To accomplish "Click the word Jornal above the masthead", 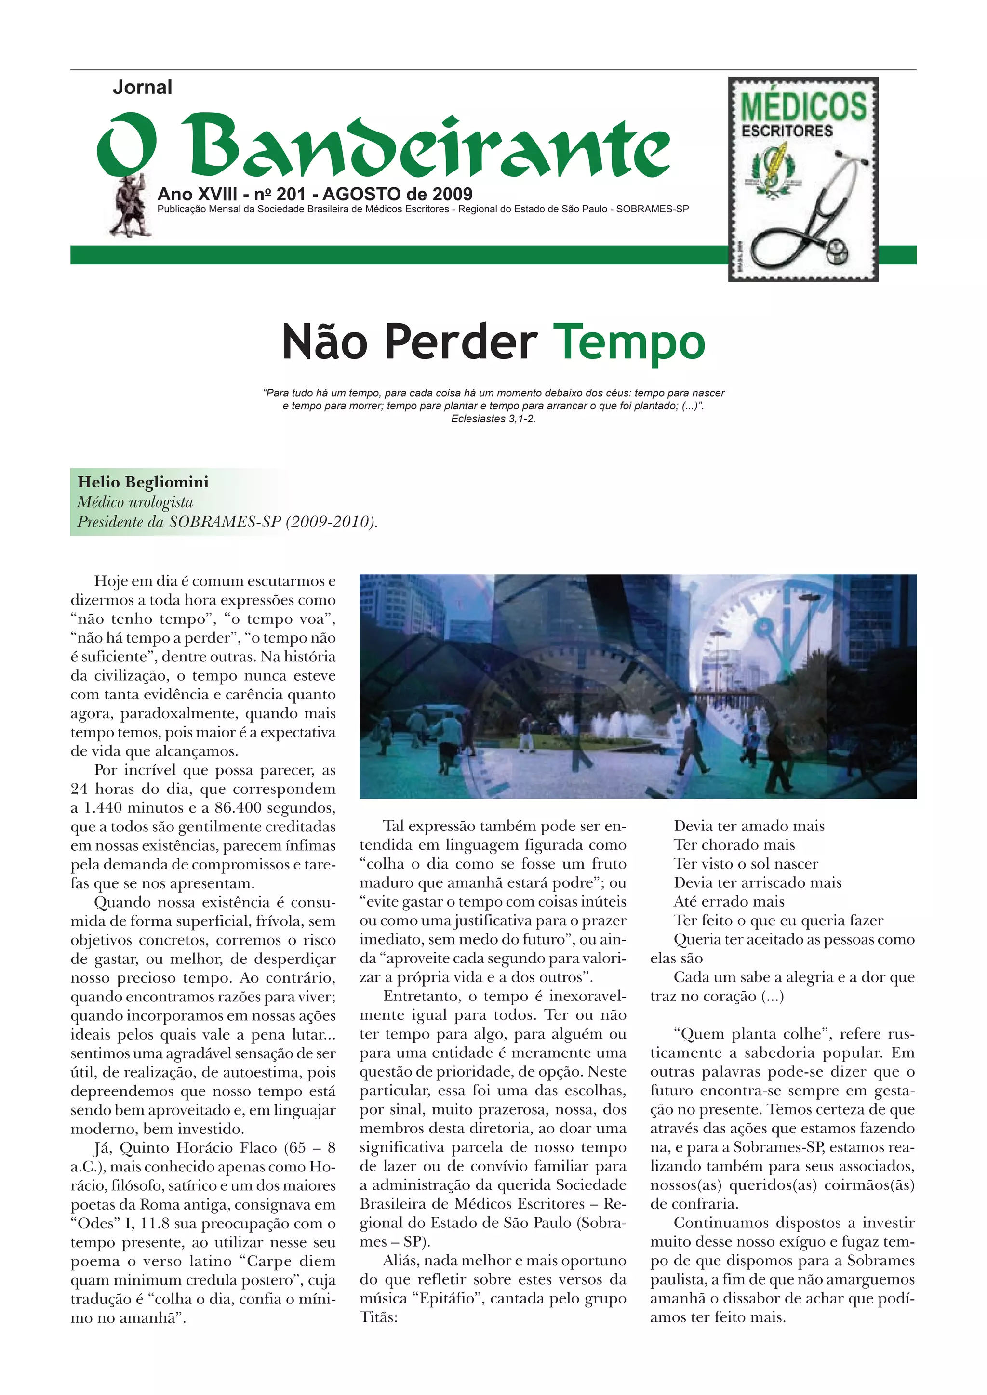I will tap(142, 88).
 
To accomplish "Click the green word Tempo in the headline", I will tap(629, 342).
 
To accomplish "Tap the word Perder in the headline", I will tap(461, 342).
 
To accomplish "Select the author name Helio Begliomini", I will tap(143, 482).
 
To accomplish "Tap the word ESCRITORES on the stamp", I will tap(787, 131).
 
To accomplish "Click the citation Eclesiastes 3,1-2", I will tap(493, 419).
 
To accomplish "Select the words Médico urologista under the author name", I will tap(135, 502).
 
